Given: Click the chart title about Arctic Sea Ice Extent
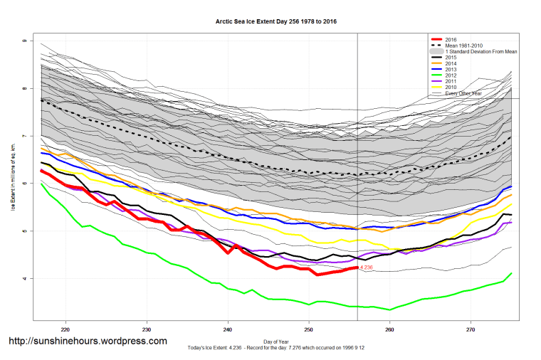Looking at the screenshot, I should click(276, 21).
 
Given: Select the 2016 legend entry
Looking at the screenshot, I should click(450, 38).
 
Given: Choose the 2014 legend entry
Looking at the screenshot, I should click(450, 63).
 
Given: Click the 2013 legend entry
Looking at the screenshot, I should click(450, 69).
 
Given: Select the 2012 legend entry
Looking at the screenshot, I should click(450, 75).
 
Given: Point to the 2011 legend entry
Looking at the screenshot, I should click(450, 82).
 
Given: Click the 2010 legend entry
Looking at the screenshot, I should click(450, 88).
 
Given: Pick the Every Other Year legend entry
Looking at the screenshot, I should click(463, 94).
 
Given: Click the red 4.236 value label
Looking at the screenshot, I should click(367, 268).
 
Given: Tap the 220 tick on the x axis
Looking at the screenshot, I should click(65, 330).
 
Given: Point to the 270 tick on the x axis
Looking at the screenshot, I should click(471, 330).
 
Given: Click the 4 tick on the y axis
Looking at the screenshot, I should click(24, 278).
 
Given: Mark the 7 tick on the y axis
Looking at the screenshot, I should click(24, 136).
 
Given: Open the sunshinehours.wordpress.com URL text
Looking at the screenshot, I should click(87, 342).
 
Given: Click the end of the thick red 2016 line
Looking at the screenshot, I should click(357, 268).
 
